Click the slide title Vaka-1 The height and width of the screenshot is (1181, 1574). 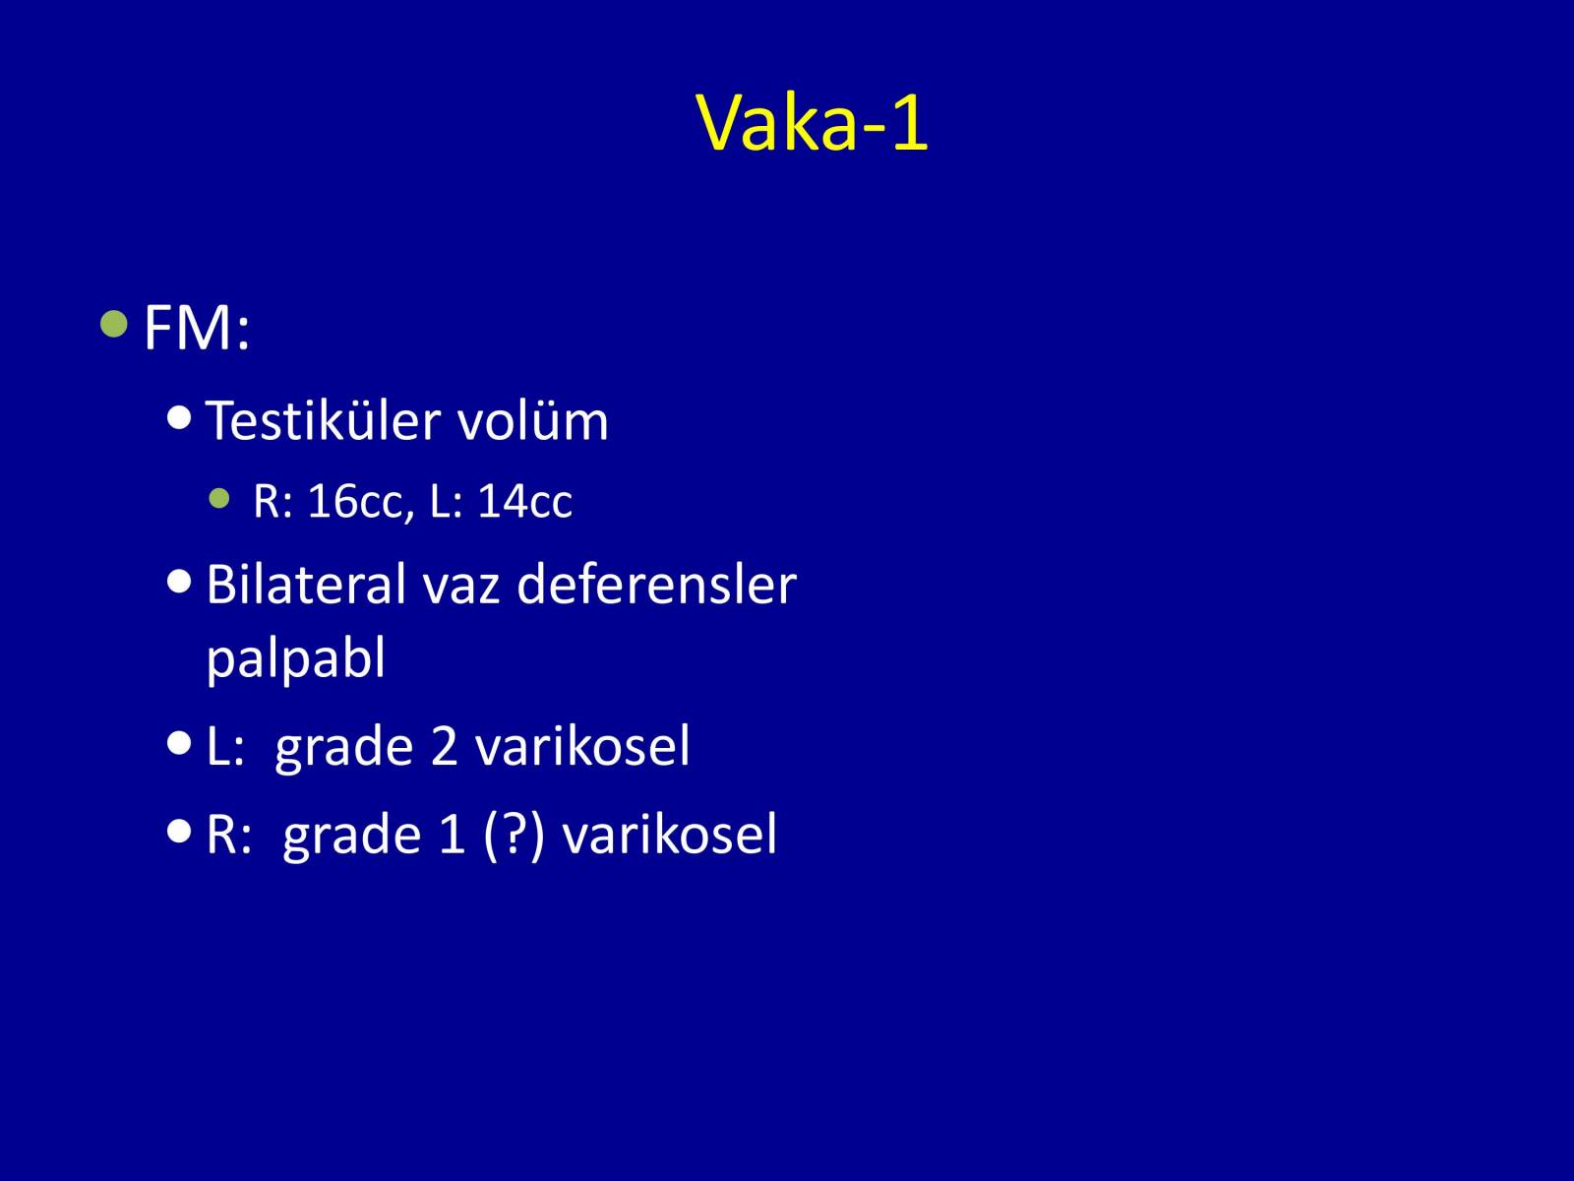pos(812,123)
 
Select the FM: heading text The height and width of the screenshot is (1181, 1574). pos(197,329)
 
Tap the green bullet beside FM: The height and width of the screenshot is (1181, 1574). pos(114,324)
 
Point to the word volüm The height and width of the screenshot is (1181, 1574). pos(533,420)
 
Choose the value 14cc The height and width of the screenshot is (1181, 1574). pos(525,501)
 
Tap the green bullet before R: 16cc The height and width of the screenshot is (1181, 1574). pos(219,498)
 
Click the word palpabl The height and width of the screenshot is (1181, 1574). pos(295,658)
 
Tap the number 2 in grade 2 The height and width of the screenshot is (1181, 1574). pos(445,746)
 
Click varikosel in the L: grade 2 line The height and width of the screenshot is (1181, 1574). pos(582,745)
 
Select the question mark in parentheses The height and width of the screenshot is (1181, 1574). pos(514,834)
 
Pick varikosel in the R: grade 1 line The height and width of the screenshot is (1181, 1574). pos(670,834)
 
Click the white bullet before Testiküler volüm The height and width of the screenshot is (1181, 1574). pos(179,417)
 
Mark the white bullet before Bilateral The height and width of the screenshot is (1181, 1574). pos(179,582)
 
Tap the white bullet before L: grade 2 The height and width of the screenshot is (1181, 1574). pos(179,743)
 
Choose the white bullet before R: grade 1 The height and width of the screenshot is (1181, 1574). pos(179,831)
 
